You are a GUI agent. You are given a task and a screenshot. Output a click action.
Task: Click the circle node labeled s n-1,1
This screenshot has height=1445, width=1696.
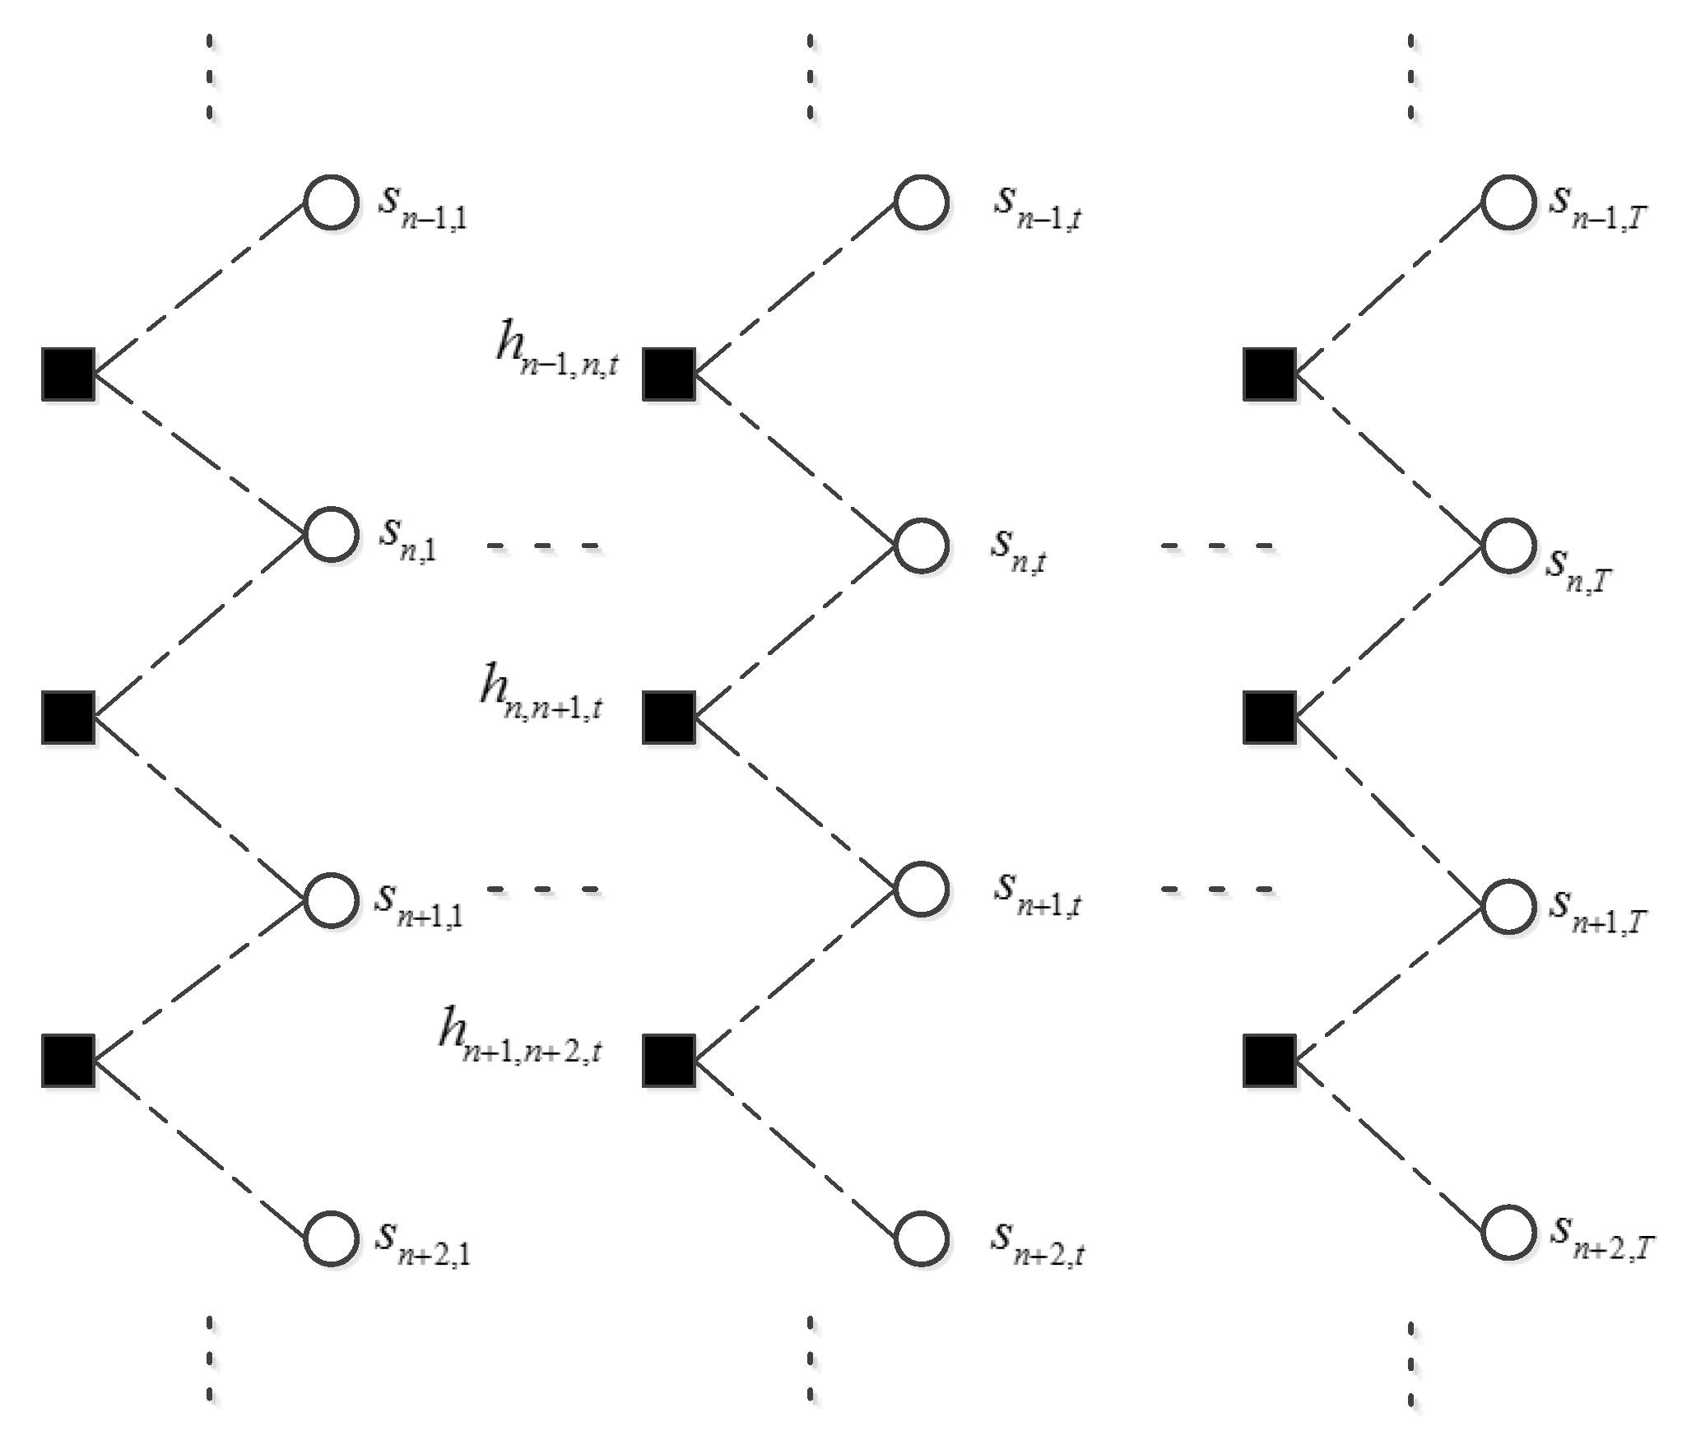pos(331,202)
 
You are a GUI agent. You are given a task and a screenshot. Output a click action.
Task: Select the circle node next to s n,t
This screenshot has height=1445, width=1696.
pos(921,546)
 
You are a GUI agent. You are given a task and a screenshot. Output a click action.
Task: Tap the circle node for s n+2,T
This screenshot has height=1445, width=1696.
pos(1508,1233)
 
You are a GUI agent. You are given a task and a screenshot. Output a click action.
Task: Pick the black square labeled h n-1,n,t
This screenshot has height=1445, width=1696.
pos(668,374)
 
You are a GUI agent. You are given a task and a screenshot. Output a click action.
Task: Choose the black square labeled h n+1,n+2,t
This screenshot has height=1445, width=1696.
pos(668,1061)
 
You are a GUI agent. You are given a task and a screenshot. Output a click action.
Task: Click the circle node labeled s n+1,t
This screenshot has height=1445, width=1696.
pos(921,890)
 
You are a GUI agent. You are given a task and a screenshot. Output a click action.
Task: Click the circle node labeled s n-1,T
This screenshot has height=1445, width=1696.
pos(1508,202)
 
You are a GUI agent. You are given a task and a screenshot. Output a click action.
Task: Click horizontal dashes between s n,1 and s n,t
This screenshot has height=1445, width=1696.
pos(545,546)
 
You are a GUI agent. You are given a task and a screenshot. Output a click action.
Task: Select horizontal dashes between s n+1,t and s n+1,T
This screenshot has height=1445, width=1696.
pos(1218,890)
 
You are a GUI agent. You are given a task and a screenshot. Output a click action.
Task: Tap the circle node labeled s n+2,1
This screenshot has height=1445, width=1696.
pos(331,1238)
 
